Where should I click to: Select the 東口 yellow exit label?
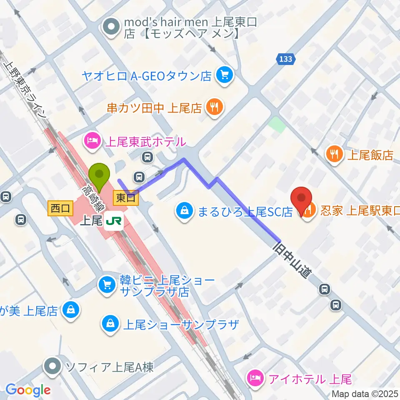click(x=125, y=198)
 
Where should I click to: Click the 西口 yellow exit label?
click(x=61, y=207)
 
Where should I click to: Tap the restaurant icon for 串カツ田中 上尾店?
click(x=214, y=107)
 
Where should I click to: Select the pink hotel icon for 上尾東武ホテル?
click(x=92, y=142)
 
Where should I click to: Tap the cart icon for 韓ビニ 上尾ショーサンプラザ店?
click(x=107, y=285)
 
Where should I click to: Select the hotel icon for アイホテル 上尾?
click(x=255, y=379)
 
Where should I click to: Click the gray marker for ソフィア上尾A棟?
click(x=53, y=367)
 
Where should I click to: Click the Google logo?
click(x=28, y=390)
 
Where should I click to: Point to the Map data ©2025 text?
click(x=365, y=394)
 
